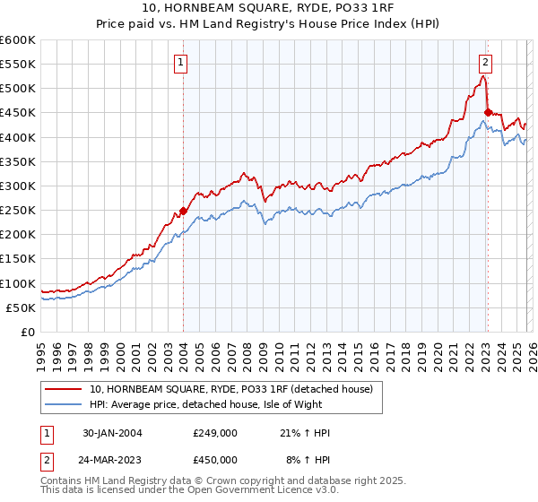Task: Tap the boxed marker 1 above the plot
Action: pyautogui.click(x=182, y=63)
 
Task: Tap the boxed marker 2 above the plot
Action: pyautogui.click(x=485, y=63)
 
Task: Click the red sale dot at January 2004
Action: pyautogui.click(x=183, y=212)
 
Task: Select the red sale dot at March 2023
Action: pyautogui.click(x=487, y=113)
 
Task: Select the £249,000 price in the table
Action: pyautogui.click(x=215, y=433)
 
